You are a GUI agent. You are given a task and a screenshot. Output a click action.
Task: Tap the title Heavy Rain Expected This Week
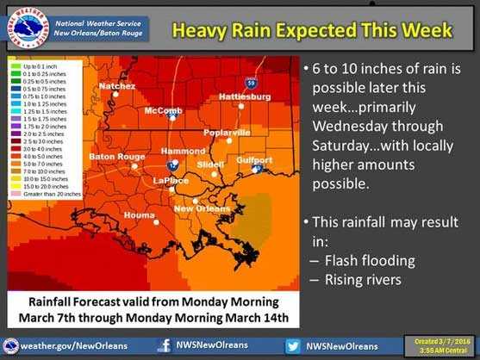point(311,30)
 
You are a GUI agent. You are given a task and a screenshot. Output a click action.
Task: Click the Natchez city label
point(117,86)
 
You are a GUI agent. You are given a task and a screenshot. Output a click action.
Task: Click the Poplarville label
point(227,133)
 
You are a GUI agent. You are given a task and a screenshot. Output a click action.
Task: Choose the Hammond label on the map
point(178,151)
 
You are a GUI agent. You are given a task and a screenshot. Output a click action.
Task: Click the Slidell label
point(211,163)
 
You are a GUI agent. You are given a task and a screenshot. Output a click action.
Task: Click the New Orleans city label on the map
point(202,208)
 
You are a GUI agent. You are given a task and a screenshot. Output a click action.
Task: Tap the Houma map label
point(139,214)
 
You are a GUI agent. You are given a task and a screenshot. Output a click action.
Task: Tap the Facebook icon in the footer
point(163,346)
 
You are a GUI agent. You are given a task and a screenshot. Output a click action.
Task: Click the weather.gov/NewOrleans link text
point(73,346)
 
